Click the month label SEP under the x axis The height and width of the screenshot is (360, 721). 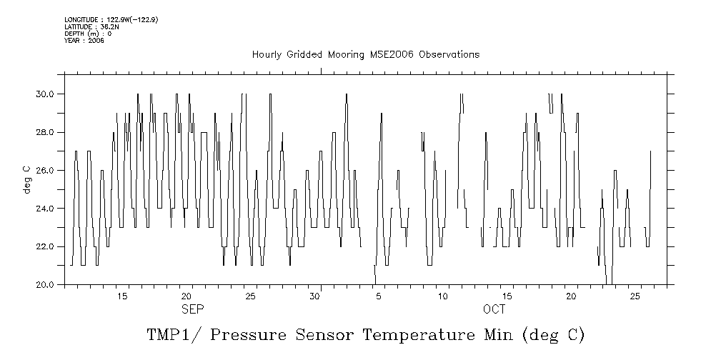(x=192, y=309)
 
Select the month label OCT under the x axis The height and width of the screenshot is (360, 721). (x=494, y=309)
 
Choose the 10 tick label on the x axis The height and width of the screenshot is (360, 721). (x=443, y=296)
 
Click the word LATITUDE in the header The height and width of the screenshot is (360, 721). (x=79, y=26)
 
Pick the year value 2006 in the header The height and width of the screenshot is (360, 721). (x=96, y=41)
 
